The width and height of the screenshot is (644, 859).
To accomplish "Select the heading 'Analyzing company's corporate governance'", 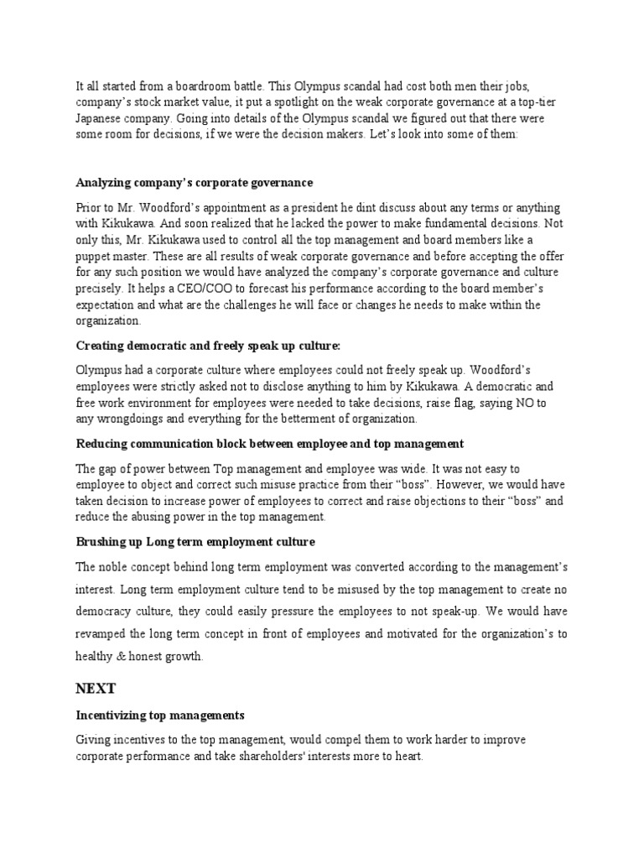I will click(195, 182).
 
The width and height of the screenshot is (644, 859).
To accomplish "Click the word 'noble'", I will click(116, 567).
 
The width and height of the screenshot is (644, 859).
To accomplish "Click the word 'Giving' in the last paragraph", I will click(94, 739).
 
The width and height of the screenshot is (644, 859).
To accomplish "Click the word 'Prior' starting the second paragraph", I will click(89, 207).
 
